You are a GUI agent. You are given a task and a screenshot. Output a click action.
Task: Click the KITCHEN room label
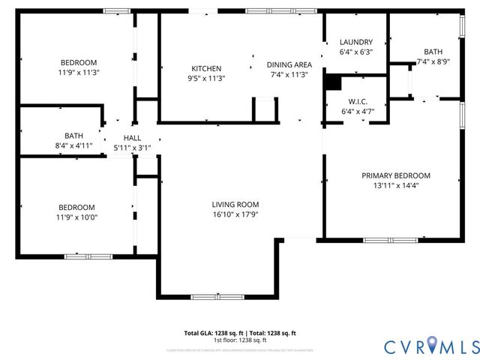coord(206,68)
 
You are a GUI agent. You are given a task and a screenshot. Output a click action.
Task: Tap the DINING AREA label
coord(289,64)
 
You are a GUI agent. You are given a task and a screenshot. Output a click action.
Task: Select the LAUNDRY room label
coord(355,42)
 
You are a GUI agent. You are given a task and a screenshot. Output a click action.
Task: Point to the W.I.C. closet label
coord(356,101)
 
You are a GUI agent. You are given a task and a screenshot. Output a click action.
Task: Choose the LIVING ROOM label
coord(235,204)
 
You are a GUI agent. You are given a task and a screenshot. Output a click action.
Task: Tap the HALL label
coord(132,138)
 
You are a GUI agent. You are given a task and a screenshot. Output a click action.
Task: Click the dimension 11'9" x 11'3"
coord(79,73)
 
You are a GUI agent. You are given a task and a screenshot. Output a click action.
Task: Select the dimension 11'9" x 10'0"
coord(77,217)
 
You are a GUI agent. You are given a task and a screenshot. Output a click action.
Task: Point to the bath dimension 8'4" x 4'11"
coord(73,145)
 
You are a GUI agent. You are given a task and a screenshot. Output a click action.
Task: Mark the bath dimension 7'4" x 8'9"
coord(433,62)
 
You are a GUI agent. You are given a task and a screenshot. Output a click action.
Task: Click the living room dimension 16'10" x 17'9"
coord(235,214)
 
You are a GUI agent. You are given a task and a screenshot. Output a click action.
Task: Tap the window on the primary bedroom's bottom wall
coord(391,240)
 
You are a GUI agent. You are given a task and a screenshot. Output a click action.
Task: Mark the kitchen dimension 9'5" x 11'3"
coord(206,78)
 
